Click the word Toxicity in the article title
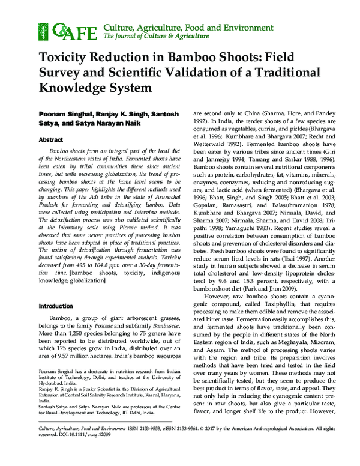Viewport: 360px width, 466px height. pyautogui.click(x=65, y=60)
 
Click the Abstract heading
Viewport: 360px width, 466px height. pyautogui.click(x=51, y=139)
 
